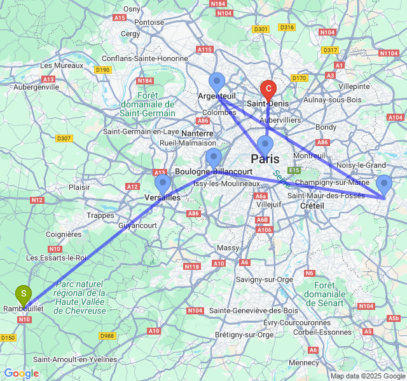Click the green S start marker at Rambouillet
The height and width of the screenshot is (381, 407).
coord(24,294)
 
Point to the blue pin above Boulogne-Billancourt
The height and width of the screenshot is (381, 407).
coord(214,157)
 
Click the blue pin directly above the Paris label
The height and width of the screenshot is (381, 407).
coord(265,145)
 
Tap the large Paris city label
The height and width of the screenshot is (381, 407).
coord(265,159)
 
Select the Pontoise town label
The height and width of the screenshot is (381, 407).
coord(149,22)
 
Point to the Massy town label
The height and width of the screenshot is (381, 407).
coord(228,248)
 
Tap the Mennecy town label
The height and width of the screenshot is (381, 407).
coord(304,363)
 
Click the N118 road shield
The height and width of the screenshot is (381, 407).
coord(192,267)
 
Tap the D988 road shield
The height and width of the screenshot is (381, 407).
coord(108,336)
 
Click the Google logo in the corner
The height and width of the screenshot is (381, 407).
coord(21,373)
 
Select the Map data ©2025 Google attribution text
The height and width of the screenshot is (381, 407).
coord(368,376)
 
